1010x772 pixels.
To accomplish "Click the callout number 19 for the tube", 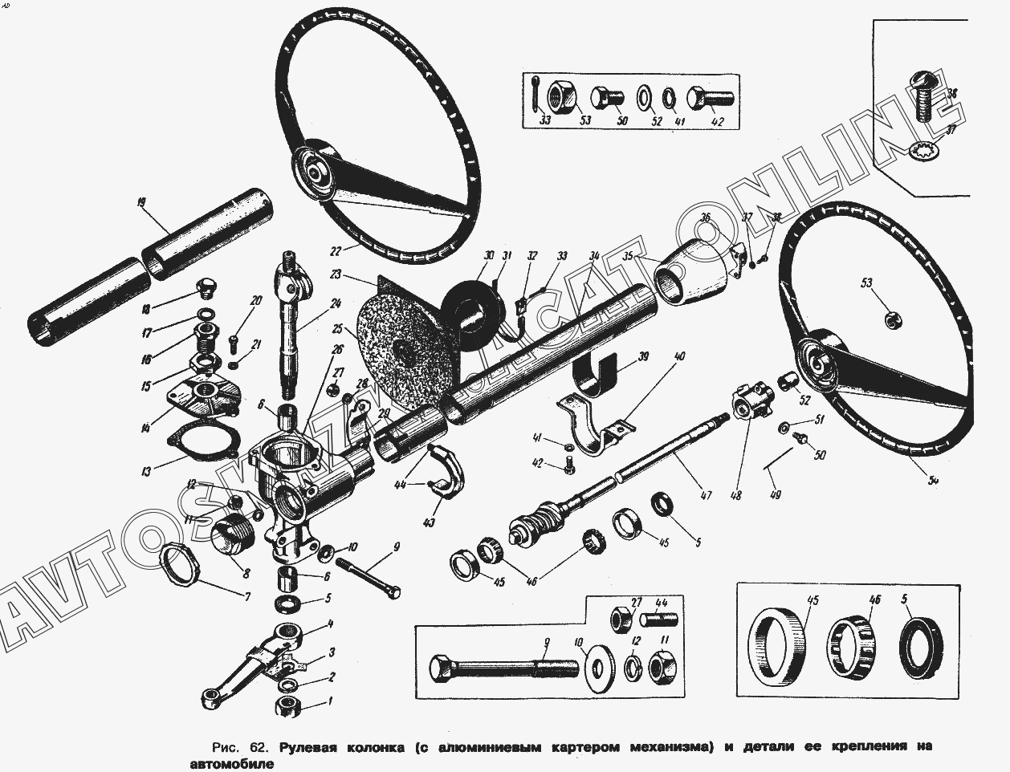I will click(x=141, y=204).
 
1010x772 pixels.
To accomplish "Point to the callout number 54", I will click(x=934, y=481).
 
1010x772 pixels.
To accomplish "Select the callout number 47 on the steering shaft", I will click(x=706, y=496).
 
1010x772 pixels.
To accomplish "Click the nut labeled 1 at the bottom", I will click(x=288, y=706).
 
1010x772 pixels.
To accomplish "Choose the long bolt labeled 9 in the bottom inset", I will click(x=502, y=668).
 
